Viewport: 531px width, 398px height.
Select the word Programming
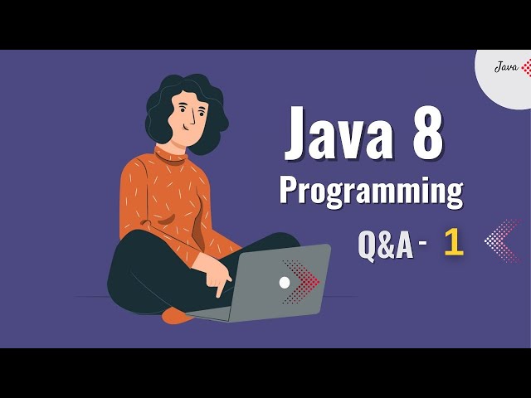point(370,190)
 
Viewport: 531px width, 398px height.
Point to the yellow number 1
point(453,242)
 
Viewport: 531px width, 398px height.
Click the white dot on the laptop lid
point(285,283)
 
